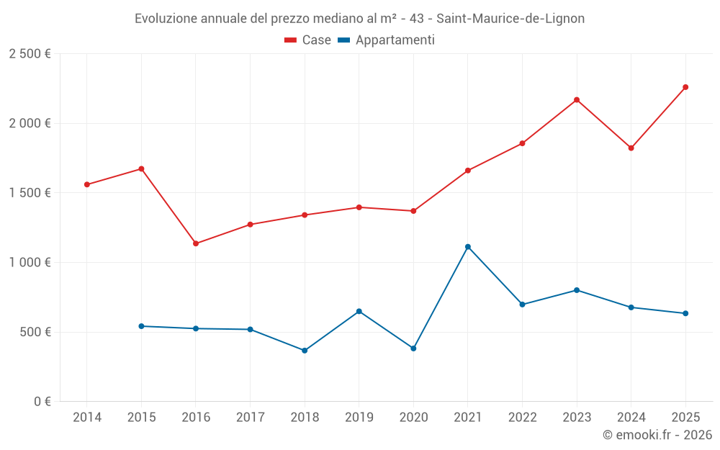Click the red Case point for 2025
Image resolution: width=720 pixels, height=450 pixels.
(685, 87)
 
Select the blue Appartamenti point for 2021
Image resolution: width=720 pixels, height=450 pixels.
(468, 247)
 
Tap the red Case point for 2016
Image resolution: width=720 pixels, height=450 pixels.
(196, 243)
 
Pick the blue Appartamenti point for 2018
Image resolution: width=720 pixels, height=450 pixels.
(305, 351)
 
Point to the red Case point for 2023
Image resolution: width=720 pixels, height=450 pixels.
(577, 100)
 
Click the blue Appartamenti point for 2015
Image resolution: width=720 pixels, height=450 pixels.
(141, 326)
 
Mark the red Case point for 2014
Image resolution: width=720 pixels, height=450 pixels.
(87, 184)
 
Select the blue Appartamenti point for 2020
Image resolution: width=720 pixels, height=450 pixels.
(413, 348)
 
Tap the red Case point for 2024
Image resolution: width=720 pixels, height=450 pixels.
(631, 148)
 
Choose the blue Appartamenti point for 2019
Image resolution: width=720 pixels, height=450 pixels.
(359, 311)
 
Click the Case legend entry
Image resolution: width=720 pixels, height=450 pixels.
(308, 40)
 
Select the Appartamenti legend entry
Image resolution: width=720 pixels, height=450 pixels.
(387, 40)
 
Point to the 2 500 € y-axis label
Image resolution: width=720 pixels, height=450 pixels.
(30, 54)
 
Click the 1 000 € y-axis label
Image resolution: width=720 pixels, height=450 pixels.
(30, 263)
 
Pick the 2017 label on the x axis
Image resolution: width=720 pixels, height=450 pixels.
(250, 418)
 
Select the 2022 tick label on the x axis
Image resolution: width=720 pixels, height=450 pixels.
(522, 418)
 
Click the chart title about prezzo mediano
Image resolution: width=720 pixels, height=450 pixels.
(359, 18)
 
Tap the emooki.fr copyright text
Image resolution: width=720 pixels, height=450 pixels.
(657, 435)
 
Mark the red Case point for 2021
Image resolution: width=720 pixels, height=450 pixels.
(468, 171)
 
